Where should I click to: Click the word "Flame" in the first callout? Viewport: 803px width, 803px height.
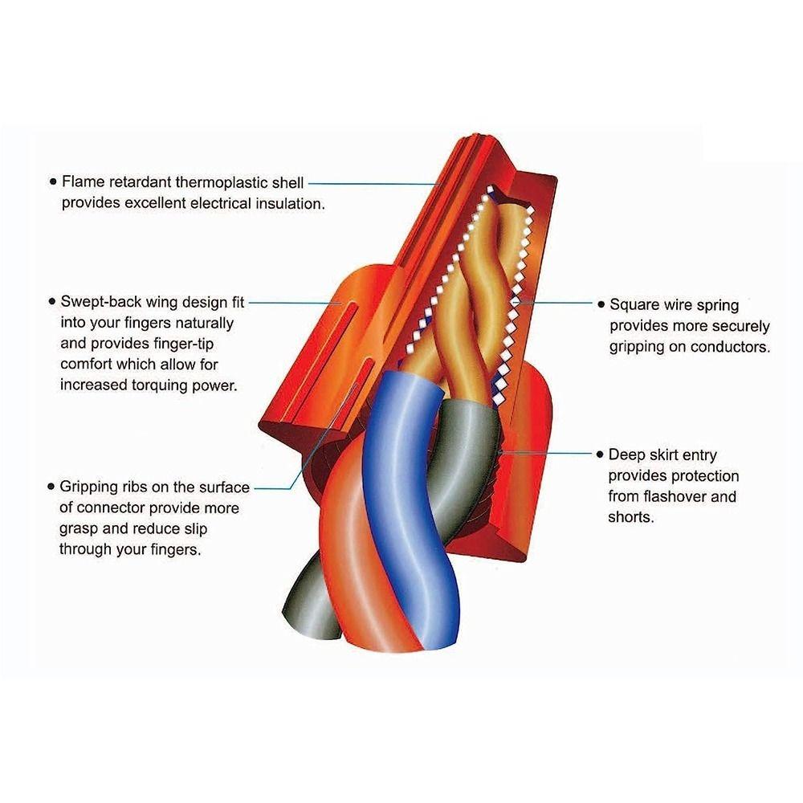[82, 181]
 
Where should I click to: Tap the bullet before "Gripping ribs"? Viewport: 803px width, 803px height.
[52, 487]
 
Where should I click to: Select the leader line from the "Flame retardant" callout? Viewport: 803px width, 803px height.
[369, 182]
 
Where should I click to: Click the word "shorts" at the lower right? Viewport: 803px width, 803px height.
[631, 517]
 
